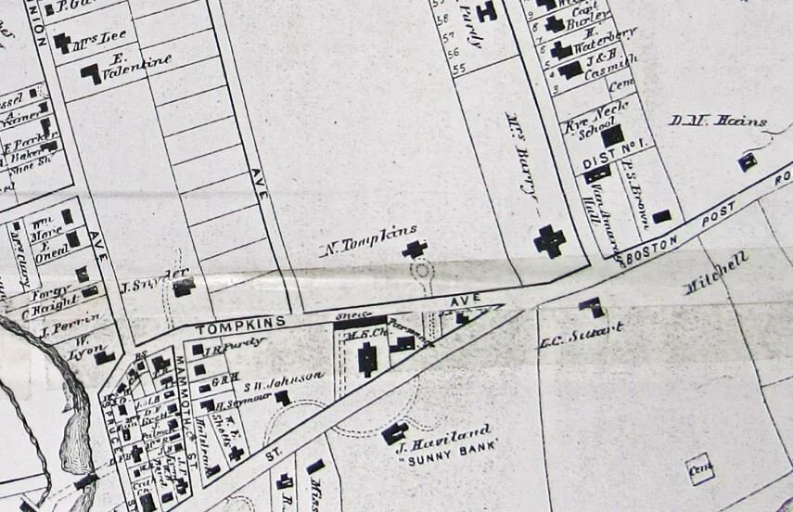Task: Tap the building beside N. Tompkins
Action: [x=414, y=249]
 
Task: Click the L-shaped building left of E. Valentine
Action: [x=91, y=73]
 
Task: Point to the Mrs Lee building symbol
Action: [x=63, y=43]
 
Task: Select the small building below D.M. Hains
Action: [x=747, y=162]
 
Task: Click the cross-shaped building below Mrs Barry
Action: [x=549, y=241]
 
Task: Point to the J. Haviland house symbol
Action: [x=394, y=433]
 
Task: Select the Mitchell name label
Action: [x=716, y=275]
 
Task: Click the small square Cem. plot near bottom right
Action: [x=699, y=468]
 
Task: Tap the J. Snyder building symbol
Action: [x=183, y=288]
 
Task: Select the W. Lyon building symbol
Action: [x=104, y=357]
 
